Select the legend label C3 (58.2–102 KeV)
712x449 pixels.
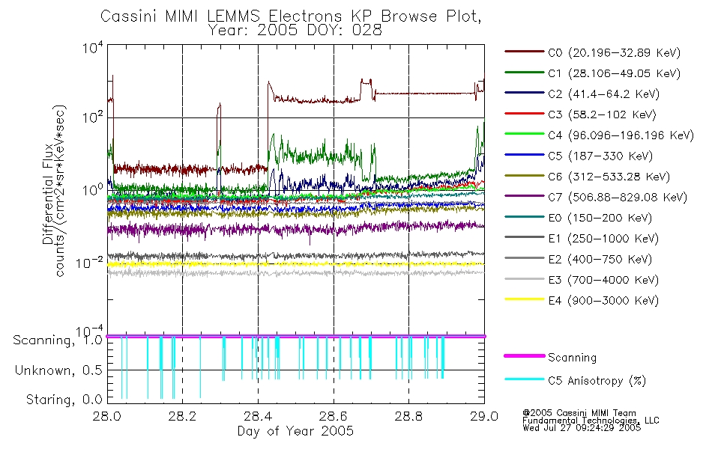coord(602,114)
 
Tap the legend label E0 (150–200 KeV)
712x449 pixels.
coord(600,219)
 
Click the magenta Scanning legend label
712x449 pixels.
coord(572,358)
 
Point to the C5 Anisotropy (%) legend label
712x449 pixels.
coord(597,381)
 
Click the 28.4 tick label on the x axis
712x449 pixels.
coord(258,416)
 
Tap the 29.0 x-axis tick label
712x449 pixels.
coord(484,416)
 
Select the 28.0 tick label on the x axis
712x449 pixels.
coord(106,416)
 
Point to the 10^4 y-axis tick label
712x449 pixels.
coord(93,47)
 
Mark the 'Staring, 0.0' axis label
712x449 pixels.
coord(64,400)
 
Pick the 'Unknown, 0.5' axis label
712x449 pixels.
coord(58,370)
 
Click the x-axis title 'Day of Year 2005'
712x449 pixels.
coord(295,430)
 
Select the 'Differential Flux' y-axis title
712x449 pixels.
coord(48,194)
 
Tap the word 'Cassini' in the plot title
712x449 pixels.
coord(128,16)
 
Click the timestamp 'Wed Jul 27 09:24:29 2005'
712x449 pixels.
coord(582,427)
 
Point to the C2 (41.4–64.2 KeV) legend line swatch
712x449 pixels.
coord(524,93)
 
